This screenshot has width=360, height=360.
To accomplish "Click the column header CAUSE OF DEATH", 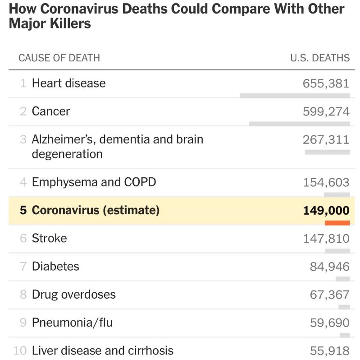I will click(59, 58).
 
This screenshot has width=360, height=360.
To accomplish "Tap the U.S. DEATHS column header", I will click(320, 58).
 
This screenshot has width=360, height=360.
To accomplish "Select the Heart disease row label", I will click(68, 83).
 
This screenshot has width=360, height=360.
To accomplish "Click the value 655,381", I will click(326, 83).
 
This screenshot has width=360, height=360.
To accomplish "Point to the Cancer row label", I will click(51, 111).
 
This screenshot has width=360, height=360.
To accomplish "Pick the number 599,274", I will click(326, 111).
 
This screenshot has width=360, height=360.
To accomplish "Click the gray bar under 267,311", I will click(327, 152).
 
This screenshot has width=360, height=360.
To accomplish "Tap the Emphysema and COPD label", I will click(94, 182).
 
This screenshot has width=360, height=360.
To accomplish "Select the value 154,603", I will click(326, 183).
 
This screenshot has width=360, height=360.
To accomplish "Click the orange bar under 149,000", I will click(337, 222).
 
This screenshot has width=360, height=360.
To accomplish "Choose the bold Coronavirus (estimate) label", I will click(96, 210).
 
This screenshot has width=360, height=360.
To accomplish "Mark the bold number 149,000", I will click(326, 211).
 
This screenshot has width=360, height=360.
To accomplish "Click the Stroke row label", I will click(49, 238).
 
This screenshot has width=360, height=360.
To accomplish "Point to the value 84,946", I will click(329, 267).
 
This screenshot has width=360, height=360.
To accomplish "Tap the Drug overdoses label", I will click(73, 295).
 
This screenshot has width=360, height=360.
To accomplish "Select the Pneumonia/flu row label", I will click(72, 323).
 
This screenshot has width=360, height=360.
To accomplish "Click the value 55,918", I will click(329, 351).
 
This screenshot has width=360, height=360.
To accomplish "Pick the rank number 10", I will click(20, 351).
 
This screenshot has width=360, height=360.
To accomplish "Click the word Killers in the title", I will click(68, 23).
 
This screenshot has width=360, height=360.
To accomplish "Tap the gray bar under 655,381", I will click(295, 96).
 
